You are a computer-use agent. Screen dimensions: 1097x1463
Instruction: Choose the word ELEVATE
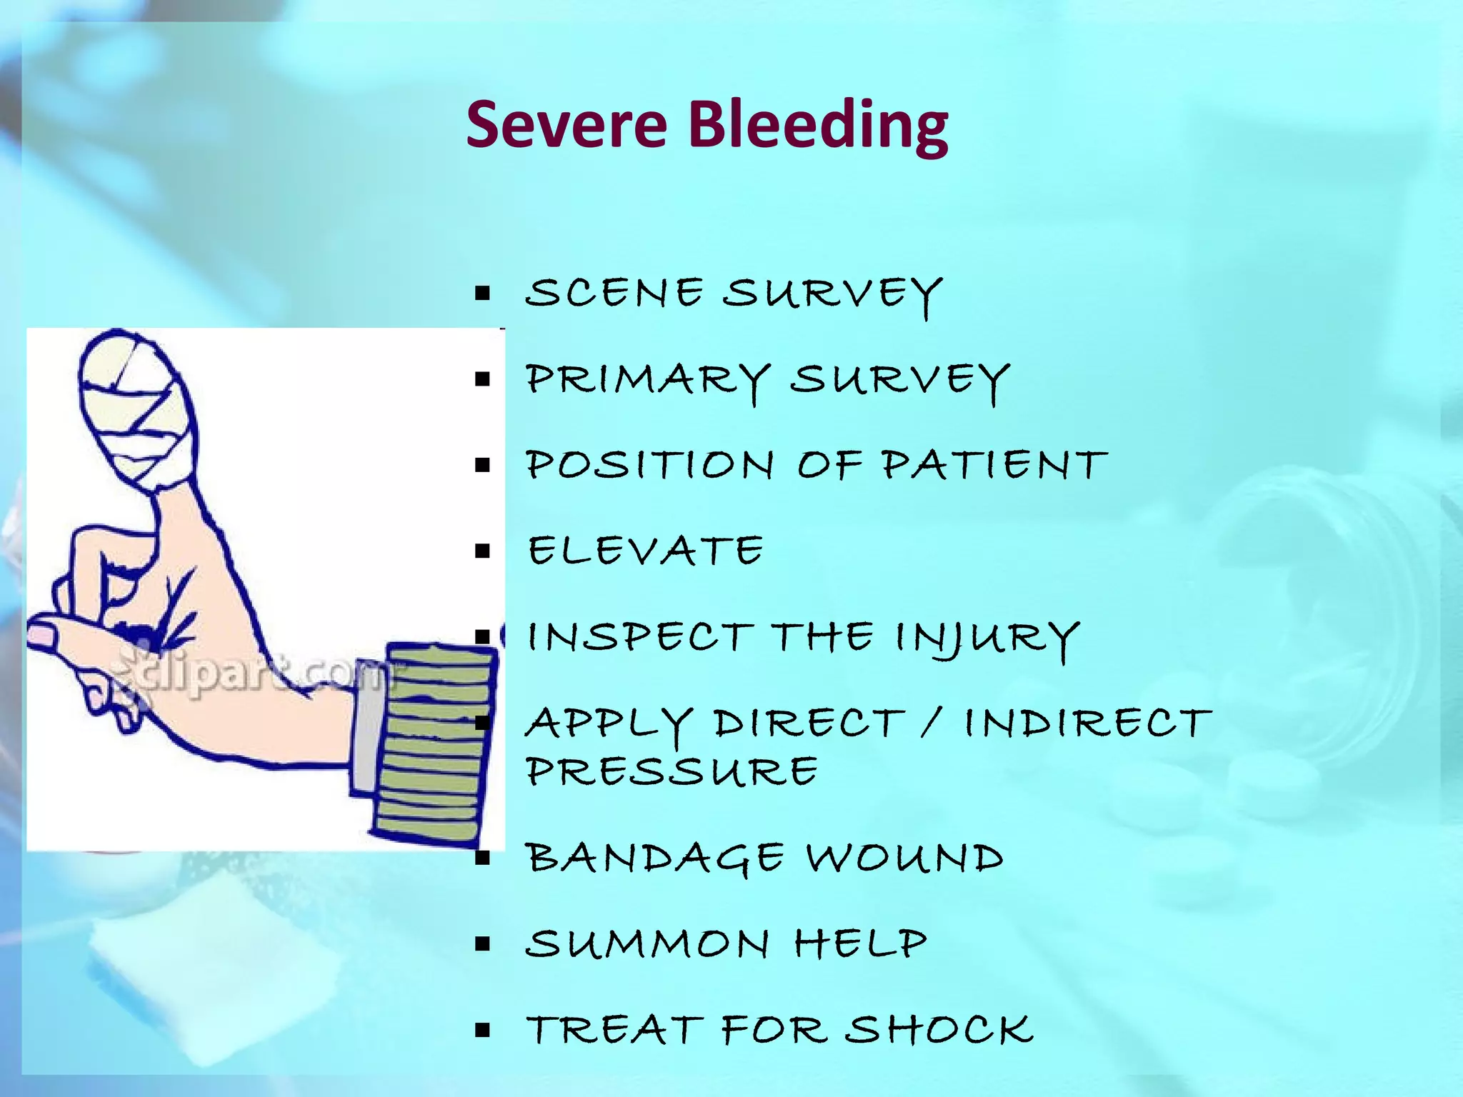point(646,551)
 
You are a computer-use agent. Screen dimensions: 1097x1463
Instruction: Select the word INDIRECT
point(1089,723)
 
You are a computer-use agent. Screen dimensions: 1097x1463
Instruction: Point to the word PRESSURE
point(672,771)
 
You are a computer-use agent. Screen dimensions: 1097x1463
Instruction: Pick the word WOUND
point(905,858)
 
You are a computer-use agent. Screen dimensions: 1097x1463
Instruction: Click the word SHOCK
point(939,1030)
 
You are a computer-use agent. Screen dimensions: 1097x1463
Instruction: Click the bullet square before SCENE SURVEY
point(483,293)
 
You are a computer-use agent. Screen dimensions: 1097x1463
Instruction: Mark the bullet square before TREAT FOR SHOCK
point(483,1030)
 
